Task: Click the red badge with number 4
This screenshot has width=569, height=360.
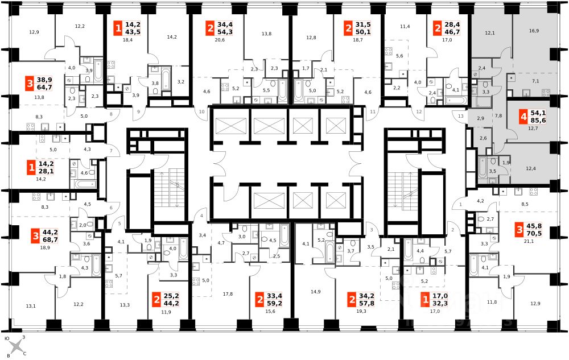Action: (x=523, y=117)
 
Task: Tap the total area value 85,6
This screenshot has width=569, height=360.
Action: (x=538, y=121)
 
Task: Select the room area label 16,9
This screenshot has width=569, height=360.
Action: (x=534, y=31)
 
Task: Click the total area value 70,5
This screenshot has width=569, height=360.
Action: (x=534, y=234)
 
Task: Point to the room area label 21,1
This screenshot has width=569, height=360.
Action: (x=529, y=242)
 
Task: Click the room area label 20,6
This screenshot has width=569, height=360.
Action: (x=220, y=40)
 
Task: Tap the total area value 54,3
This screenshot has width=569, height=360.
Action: (x=225, y=32)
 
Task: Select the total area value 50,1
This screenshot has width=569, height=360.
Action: (x=363, y=32)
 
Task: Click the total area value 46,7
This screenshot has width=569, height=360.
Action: (x=452, y=32)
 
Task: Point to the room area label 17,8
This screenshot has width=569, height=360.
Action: (x=228, y=294)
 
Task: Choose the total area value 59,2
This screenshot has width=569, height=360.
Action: (x=274, y=304)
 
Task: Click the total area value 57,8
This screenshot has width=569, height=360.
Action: (x=366, y=304)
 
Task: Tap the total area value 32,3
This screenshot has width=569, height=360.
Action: (x=440, y=304)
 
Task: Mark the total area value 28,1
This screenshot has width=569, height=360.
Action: (x=46, y=171)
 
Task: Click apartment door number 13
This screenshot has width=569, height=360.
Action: (x=460, y=116)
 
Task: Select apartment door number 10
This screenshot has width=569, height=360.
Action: (x=202, y=111)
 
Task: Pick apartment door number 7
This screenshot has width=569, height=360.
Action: (x=112, y=151)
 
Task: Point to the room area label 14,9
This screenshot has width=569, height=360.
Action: (x=315, y=292)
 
